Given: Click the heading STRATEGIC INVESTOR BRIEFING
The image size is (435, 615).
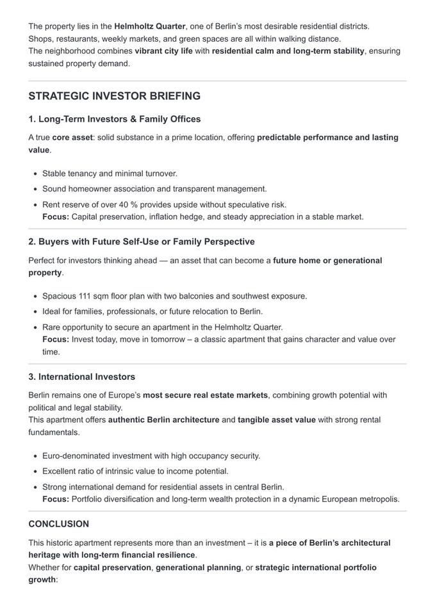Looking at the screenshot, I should point(114,96).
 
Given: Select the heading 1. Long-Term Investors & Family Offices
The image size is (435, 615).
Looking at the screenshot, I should point(114,119).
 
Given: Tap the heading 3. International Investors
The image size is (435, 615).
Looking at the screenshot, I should point(81,377).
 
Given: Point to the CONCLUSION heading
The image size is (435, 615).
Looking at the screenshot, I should point(58,524).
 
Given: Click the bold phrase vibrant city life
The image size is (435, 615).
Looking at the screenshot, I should point(163,51).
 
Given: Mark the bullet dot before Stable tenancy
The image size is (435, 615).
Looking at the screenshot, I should point(34,174).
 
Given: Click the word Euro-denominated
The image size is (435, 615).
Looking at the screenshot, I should point(77,456).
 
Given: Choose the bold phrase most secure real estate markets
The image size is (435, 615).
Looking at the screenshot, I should point(205,395).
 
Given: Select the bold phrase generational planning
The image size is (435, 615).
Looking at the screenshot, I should point(198,568).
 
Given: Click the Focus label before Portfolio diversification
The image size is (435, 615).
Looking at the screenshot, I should point(56,499).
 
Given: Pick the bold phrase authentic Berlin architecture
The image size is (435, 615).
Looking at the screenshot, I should point(163,420).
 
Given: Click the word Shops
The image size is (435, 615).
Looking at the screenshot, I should point(40,38).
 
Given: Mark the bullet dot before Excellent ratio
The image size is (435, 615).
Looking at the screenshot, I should point(34,471).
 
